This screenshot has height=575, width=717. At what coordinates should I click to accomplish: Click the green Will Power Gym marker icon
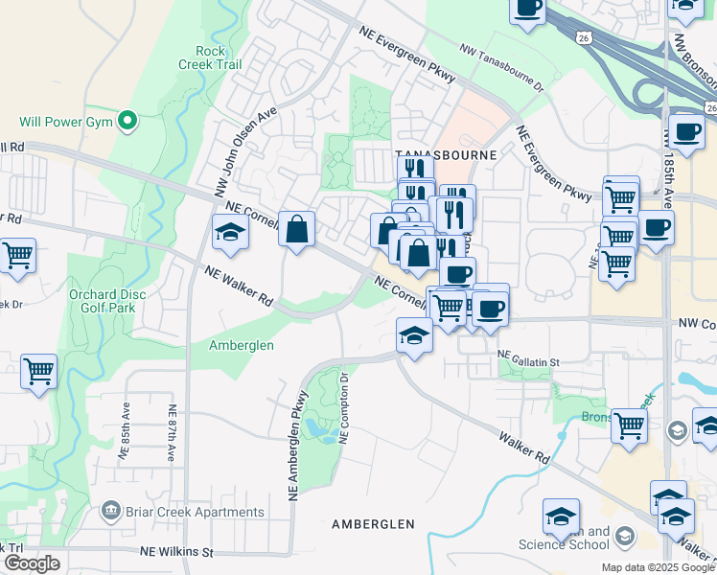pyautogui.click(x=127, y=121)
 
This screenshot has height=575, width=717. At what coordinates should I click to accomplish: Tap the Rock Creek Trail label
pyautogui.click(x=209, y=57)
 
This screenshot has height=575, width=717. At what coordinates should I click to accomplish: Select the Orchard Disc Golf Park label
pyautogui.click(x=102, y=302)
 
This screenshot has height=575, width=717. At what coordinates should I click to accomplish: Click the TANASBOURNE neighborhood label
pyautogui.click(x=447, y=154)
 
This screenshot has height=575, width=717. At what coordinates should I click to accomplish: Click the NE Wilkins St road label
pyautogui.click(x=175, y=552)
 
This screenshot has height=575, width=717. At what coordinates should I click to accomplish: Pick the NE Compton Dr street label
pyautogui.click(x=346, y=408)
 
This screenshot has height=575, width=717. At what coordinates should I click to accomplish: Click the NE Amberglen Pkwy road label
pyautogui.click(x=298, y=444)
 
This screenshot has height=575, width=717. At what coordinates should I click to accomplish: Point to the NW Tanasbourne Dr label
pyautogui.click(x=501, y=68)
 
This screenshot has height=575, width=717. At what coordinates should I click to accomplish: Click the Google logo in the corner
pyautogui.click(x=32, y=563)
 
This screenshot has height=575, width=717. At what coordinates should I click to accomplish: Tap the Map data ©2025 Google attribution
pyautogui.click(x=658, y=567)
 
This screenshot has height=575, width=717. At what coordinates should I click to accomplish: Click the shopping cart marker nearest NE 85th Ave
pyautogui.click(x=38, y=371)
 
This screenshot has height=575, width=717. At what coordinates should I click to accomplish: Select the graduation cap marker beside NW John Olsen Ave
pyautogui.click(x=230, y=233)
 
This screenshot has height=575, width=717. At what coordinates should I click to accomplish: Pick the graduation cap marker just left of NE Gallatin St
pyautogui.click(x=414, y=336)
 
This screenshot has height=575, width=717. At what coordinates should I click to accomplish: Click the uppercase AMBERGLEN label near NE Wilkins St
pyautogui.click(x=373, y=524)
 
